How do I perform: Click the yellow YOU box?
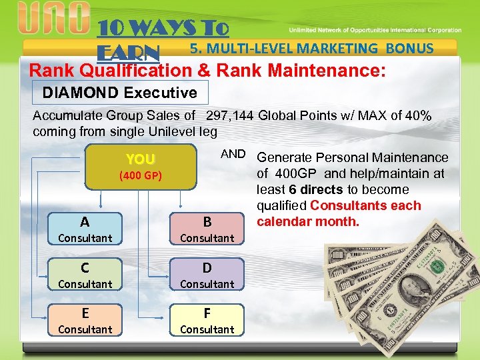141,167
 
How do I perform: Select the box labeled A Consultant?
85,229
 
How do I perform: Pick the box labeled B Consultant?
207,229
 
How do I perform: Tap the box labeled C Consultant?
85,275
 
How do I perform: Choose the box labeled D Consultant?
207,275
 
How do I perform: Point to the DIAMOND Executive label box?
120,93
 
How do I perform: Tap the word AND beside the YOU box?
233,154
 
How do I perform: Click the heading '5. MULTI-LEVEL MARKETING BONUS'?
311,48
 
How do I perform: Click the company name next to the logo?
374,30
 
